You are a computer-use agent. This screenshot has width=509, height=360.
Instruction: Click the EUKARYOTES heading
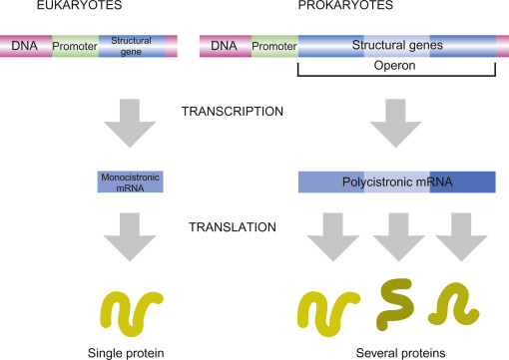(79, 5)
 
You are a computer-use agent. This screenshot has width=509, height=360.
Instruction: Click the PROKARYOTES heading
(345, 5)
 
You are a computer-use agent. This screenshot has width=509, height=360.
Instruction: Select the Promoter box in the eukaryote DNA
(75, 46)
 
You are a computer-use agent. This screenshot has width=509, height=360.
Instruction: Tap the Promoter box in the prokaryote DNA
(274, 46)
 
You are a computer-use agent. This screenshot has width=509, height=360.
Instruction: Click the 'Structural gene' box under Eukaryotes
(132, 46)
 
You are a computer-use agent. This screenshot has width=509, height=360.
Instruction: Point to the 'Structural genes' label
(397, 45)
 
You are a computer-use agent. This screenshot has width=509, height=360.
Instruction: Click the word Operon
(394, 65)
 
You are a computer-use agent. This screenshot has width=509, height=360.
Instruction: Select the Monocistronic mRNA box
(130, 182)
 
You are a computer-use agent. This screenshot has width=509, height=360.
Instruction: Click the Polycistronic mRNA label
(397, 181)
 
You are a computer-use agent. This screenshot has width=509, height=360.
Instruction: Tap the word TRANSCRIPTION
(233, 112)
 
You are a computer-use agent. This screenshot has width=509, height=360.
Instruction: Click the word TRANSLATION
(233, 227)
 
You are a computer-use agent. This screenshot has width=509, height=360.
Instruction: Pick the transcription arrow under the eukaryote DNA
(130, 123)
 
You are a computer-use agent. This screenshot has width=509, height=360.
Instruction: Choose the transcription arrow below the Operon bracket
(395, 123)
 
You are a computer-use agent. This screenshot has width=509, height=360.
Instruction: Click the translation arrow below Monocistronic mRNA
(130, 237)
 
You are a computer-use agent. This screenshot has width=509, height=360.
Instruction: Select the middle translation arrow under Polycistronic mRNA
(398, 237)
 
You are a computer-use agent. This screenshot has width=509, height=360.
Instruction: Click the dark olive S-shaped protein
(396, 304)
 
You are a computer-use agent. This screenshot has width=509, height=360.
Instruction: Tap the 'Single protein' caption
(126, 353)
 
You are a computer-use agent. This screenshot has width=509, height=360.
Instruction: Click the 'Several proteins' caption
(400, 353)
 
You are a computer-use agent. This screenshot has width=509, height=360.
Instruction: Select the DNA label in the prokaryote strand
(224, 46)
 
